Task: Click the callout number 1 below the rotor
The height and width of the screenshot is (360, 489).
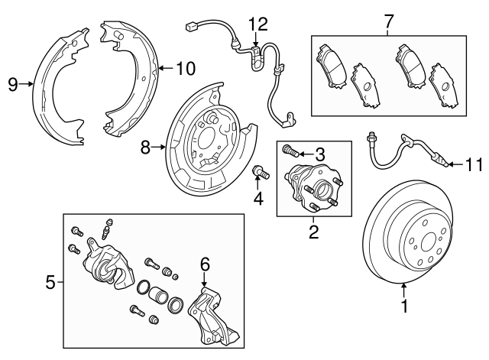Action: coord(404,308)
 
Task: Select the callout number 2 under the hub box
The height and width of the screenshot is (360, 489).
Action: coord(313,229)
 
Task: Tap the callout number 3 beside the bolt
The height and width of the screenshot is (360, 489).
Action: coord(321,154)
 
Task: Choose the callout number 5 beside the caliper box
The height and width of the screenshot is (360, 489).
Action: coord(50,282)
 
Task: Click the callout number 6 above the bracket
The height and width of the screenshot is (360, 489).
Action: coord(205,264)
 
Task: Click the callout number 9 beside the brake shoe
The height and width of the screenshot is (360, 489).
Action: coord(13,85)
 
